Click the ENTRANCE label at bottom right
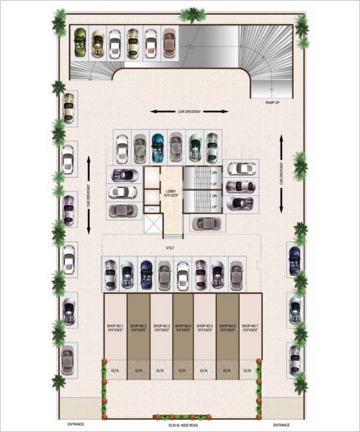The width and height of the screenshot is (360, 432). pos(282,424)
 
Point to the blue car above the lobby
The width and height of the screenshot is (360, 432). pos(158,147)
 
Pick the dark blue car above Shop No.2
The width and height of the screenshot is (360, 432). pos(146,274)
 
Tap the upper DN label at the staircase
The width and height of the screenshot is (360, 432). pos(214,173)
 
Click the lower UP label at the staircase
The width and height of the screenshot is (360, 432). pos(214,207)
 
